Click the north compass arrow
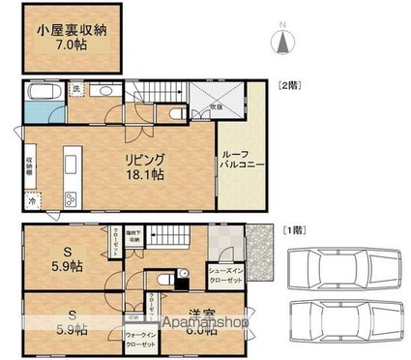[x=283, y=40]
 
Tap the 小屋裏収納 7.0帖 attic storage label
[x=73, y=37]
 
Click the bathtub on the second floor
[x=45, y=96]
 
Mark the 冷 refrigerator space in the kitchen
[x=32, y=201]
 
